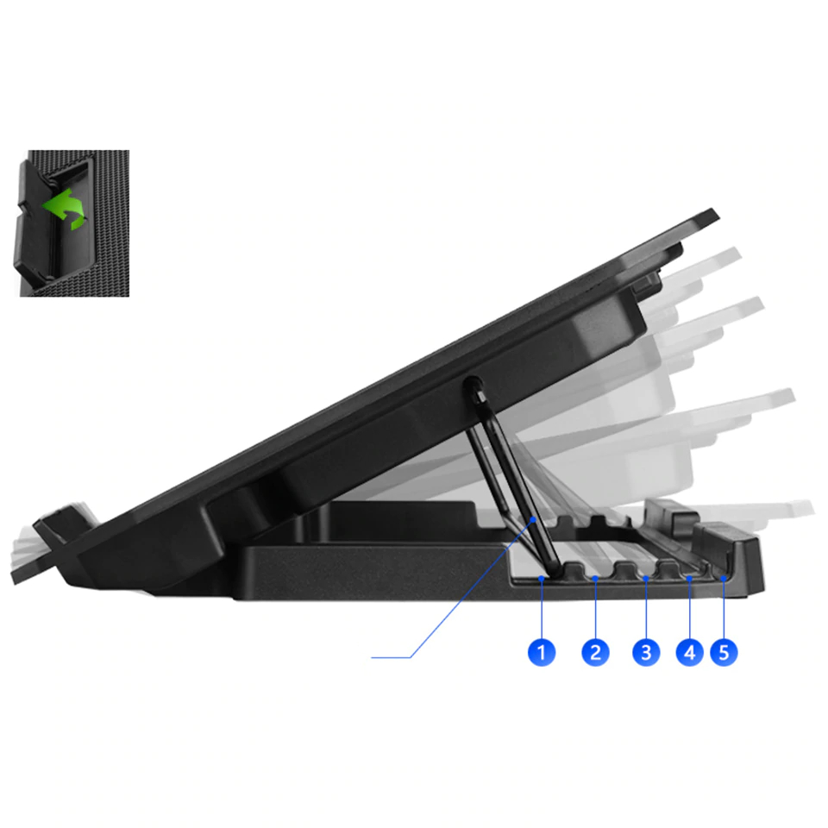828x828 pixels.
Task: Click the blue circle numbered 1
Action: click(541, 652)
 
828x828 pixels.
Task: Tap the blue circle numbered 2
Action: click(595, 652)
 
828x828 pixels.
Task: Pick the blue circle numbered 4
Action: click(688, 652)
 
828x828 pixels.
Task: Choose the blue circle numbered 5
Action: click(724, 652)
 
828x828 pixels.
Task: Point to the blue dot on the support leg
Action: click(535, 519)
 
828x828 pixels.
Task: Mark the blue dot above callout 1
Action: click(541, 579)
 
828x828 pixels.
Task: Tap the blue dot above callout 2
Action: click(595, 579)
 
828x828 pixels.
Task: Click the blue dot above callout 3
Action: click(647, 579)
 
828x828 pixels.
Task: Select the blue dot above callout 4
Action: click(688, 579)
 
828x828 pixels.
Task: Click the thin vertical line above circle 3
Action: click(647, 608)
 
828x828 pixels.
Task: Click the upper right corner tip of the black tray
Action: click(712, 213)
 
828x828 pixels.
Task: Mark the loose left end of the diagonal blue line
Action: click(373, 658)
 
